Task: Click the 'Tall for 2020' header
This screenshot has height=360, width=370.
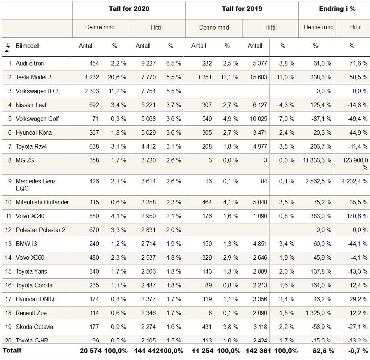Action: [x=129, y=9]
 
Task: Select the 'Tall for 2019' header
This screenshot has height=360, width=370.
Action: [x=242, y=9]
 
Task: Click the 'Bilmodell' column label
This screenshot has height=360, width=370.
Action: [x=27, y=46]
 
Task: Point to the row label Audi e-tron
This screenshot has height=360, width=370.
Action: [x=30, y=63]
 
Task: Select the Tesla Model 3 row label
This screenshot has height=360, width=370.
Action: [x=34, y=77]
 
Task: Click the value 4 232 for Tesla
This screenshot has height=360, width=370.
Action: [x=89, y=77]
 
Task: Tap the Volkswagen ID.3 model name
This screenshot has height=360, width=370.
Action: [x=37, y=91]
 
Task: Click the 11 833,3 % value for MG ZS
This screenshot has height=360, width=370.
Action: [x=317, y=160]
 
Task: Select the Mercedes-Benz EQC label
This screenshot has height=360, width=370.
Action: [x=36, y=184]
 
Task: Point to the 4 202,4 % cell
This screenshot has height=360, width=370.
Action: [x=354, y=181]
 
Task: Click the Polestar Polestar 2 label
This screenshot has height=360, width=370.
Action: [x=40, y=230]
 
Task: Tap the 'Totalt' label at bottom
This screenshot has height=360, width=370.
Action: [x=12, y=350]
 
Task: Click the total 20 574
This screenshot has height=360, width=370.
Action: [x=89, y=351]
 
